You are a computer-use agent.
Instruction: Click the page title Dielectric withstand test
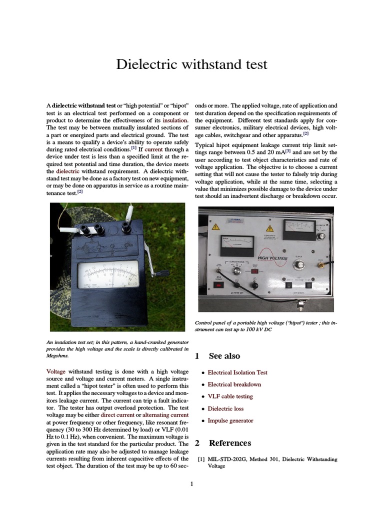tap(191, 64)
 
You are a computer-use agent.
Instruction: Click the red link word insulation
tap(174, 120)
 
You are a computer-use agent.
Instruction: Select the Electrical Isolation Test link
tap(237, 372)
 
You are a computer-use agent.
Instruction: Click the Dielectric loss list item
tap(226, 408)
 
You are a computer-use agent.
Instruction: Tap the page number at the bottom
tap(191, 483)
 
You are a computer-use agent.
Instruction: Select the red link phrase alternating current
tap(165, 415)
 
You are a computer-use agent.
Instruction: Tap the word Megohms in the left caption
tap(57, 356)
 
